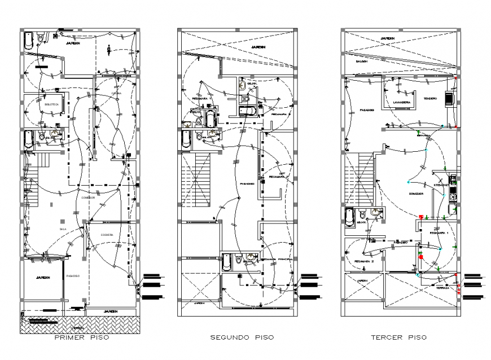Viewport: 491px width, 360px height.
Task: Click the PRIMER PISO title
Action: [81, 338]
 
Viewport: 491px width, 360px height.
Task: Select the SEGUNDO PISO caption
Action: [242, 337]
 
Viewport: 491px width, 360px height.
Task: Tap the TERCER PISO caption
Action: [398, 337]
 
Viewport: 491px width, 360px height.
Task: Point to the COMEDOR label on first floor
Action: [88, 197]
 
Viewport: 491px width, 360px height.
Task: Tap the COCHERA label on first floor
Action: [107, 234]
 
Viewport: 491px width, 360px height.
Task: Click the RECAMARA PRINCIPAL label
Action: [276, 260]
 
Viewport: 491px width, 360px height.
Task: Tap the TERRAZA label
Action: [442, 287]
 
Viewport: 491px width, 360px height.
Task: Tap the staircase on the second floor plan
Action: [194, 183]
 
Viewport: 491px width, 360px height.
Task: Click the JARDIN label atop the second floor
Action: [258, 47]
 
